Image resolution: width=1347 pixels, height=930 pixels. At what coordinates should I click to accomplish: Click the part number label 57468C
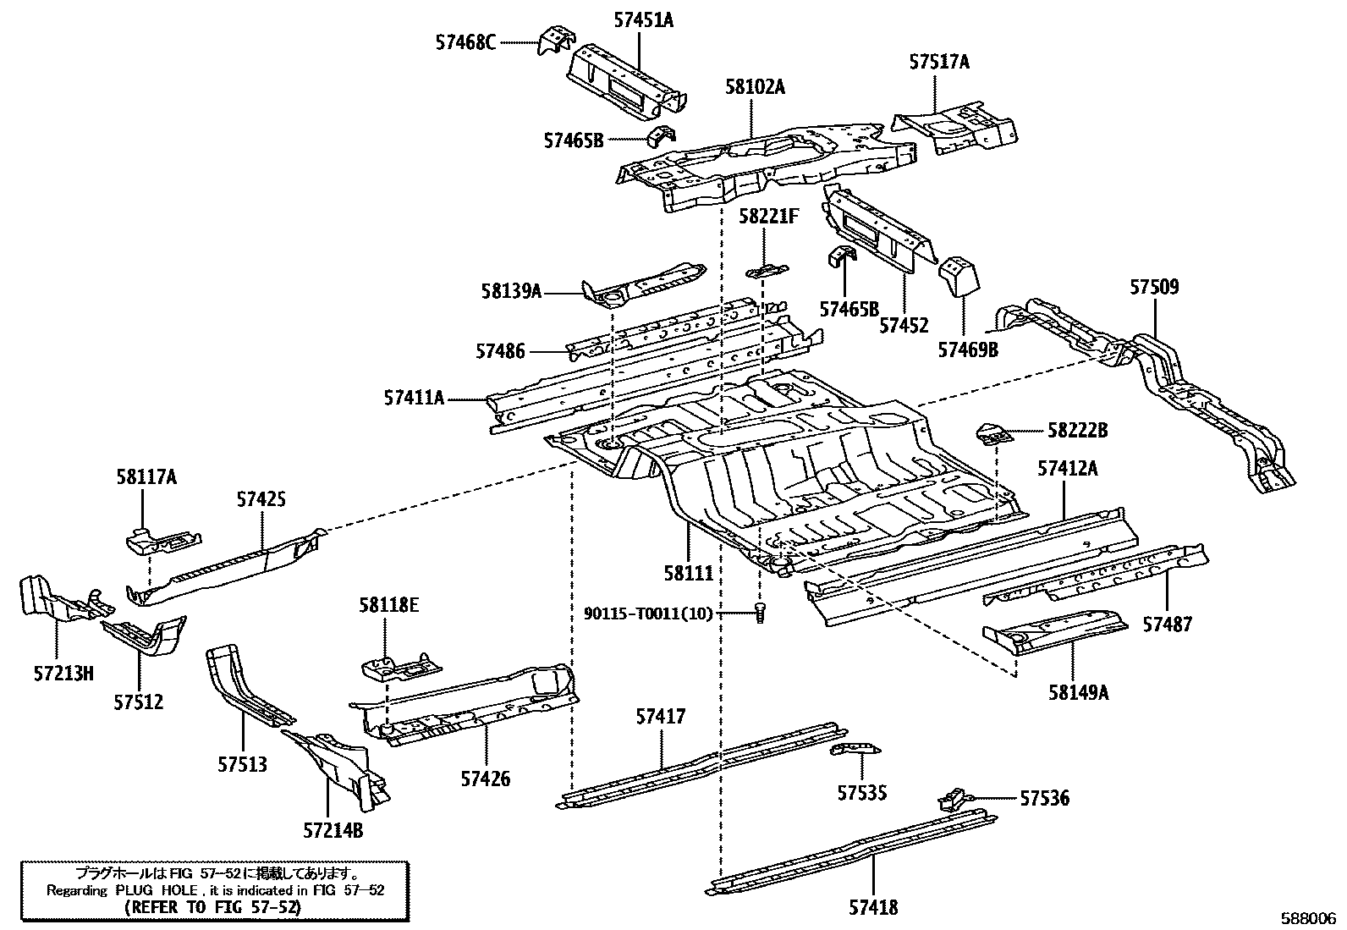tap(466, 41)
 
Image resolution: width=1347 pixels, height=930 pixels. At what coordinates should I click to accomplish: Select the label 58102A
tap(755, 86)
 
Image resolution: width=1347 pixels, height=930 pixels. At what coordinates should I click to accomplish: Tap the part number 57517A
tap(939, 62)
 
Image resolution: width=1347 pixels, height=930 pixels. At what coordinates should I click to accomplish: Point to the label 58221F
tap(768, 217)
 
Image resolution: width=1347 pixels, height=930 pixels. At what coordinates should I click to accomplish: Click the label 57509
tap(1154, 287)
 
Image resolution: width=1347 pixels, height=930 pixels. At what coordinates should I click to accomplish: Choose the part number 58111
tap(688, 573)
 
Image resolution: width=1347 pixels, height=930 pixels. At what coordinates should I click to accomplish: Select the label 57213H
tap(64, 674)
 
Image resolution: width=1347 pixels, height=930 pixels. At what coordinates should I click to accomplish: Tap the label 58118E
tap(388, 606)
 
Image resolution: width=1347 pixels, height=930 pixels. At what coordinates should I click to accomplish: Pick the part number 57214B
tap(333, 830)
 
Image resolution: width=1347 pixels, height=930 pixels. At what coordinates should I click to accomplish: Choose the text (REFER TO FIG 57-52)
tap(212, 907)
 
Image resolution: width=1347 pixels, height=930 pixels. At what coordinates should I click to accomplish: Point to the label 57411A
tap(414, 397)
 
